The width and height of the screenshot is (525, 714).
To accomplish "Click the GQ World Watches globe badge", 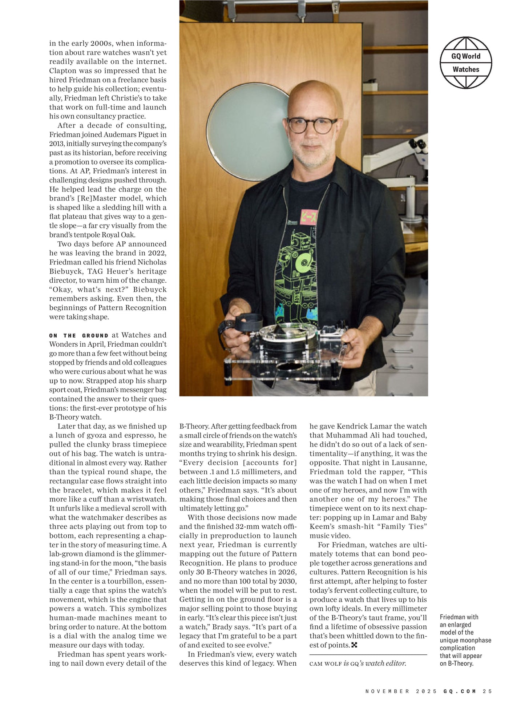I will (466, 62).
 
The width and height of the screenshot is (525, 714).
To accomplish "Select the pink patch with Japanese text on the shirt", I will (307, 217).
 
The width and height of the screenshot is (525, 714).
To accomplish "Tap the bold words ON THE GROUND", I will (78, 336).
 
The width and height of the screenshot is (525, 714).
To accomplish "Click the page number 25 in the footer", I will (487, 691).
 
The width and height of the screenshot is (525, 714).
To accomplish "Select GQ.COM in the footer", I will (460, 691).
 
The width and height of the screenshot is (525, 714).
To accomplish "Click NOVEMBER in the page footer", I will (387, 691).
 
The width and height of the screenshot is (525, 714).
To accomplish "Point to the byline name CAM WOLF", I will (326, 663).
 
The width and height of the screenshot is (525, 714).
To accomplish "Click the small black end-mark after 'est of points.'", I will (354, 645).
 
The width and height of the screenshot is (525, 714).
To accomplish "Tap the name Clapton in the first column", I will (62, 71).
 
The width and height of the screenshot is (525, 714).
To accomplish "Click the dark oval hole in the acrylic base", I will (291, 366).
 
